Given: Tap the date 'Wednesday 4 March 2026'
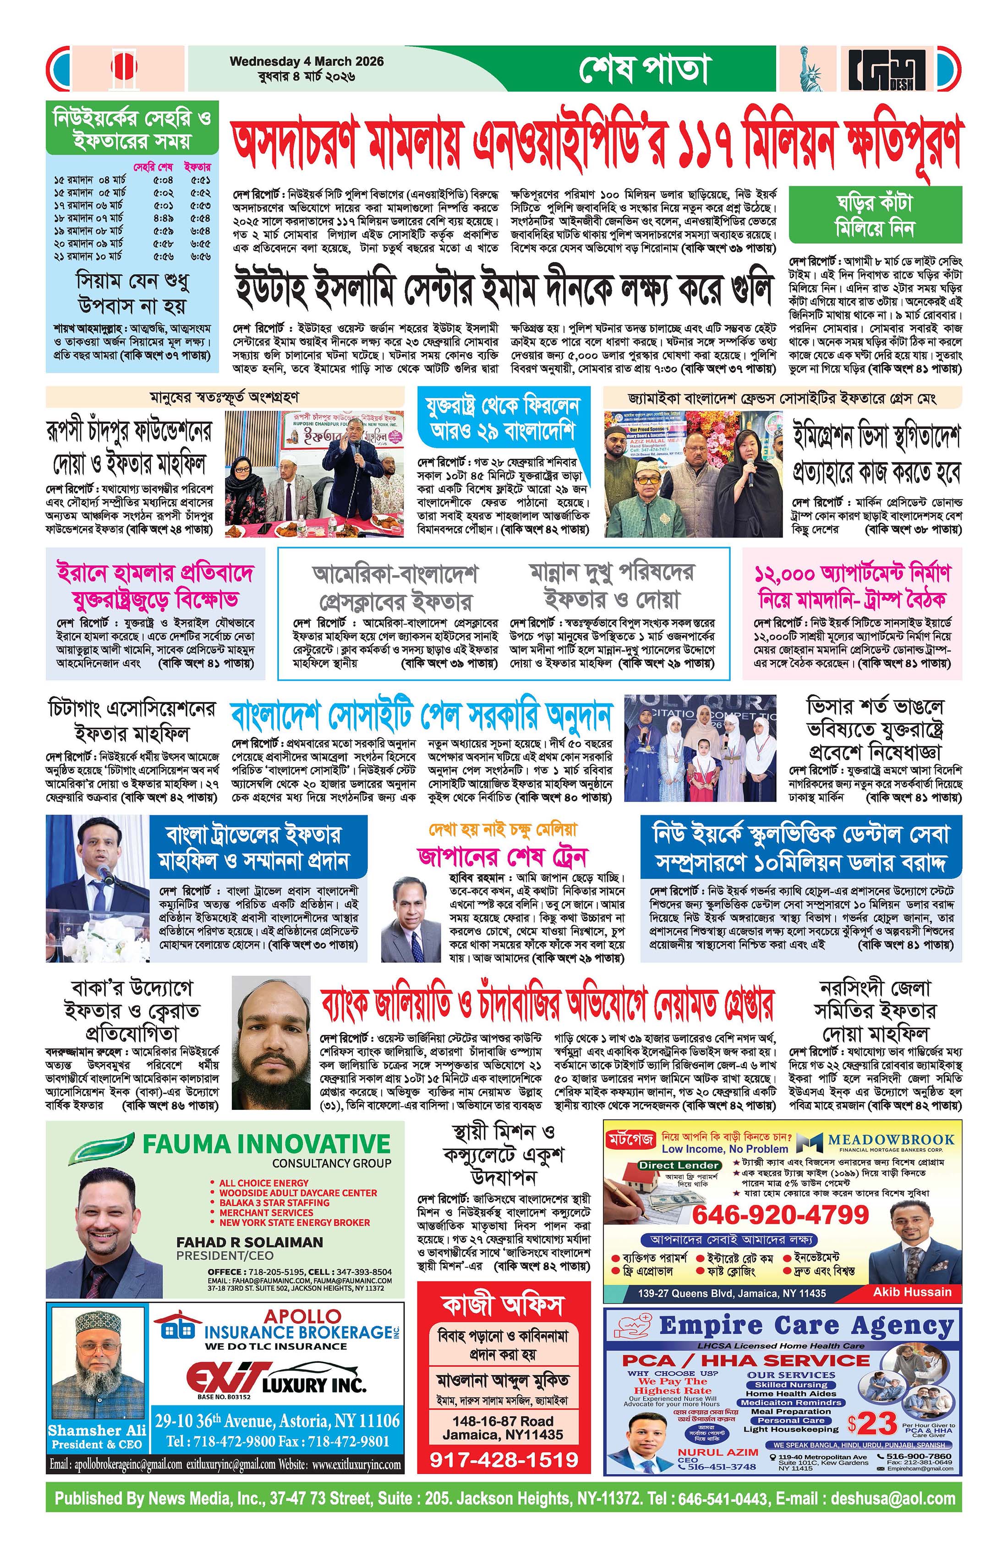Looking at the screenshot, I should coord(307,61).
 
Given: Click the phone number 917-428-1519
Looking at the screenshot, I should coord(504,1459).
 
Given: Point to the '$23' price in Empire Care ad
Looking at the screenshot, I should coord(872,1423).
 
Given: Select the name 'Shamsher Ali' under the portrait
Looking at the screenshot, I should coord(96,1430).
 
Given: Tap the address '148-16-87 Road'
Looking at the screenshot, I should coord(503,1421).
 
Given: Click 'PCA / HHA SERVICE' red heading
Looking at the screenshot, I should coord(745,1361).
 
